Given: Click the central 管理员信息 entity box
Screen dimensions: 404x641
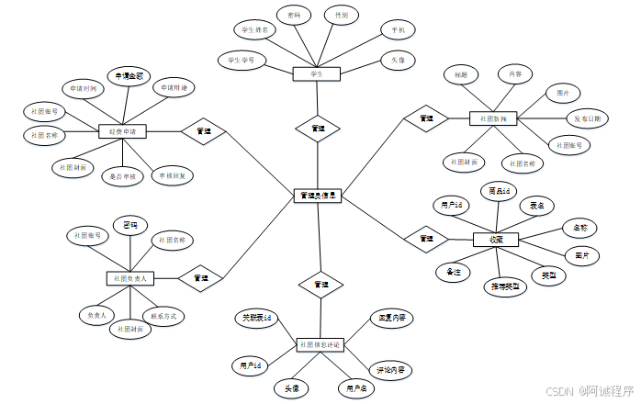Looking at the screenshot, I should (318, 196).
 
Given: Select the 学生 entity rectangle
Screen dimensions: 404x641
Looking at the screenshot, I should (318, 73).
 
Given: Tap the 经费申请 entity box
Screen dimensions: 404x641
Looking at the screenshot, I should (123, 131).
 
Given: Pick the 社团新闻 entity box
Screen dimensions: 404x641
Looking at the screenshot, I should (493, 118).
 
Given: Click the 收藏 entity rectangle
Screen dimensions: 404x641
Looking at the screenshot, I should (496, 240).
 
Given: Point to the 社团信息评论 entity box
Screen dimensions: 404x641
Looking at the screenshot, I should (319, 344).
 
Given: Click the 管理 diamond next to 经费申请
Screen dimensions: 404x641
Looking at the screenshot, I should (204, 131).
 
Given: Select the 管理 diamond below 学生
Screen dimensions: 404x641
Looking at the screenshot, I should (318, 129).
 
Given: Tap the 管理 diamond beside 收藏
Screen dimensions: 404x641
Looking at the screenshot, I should (426, 239).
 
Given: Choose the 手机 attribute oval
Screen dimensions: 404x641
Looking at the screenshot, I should (397, 30).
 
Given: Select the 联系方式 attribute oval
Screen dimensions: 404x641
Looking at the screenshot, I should (168, 316).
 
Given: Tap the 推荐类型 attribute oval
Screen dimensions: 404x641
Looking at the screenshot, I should (506, 286).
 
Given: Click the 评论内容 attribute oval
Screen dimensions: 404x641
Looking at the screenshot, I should (391, 370).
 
